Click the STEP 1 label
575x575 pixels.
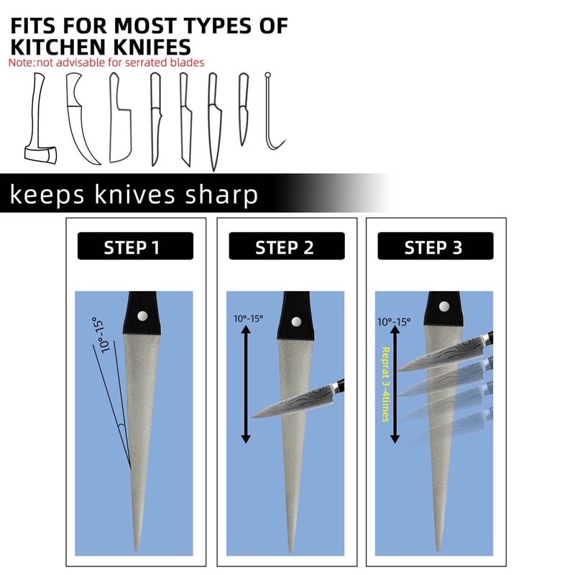point(132,247)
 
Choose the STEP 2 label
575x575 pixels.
point(285,247)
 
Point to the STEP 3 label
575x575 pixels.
point(433,247)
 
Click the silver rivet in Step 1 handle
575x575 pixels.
point(142,316)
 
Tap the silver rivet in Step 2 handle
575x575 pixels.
point(296,322)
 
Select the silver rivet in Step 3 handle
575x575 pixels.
point(444,307)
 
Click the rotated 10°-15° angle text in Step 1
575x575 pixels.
point(101,335)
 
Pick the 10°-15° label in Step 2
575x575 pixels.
point(248,318)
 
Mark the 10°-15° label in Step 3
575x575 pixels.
point(394,322)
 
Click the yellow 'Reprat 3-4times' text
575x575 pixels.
point(385,385)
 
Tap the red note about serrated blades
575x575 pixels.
point(106,63)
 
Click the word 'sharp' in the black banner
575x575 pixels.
point(221,195)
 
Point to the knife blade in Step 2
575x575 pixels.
point(293,403)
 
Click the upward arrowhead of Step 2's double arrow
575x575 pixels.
point(246,329)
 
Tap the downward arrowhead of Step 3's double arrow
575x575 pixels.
point(395,438)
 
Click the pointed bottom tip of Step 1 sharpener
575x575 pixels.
point(137,551)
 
